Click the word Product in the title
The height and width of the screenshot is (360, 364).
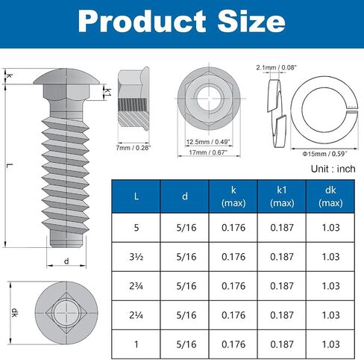[142, 22]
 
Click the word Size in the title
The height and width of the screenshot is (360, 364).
[251, 22]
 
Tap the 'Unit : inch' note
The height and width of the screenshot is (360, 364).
[333, 169]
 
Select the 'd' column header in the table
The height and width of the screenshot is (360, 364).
[185, 196]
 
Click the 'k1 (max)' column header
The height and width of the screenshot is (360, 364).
[282, 196]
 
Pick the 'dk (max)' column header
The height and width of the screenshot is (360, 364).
[330, 196]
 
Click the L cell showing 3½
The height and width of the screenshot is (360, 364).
[136, 257]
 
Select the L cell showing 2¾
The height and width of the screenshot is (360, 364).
[136, 286]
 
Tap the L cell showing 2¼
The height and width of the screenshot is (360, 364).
[136, 315]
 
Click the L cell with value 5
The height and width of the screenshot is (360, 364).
[136, 228]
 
